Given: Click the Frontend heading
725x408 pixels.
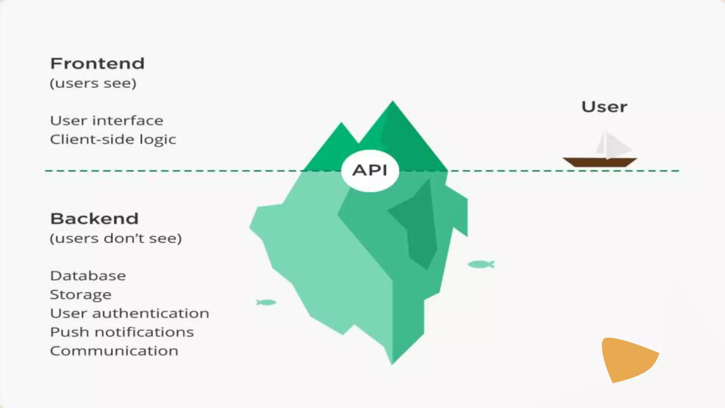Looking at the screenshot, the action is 97,64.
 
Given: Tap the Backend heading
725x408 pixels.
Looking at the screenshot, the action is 94,219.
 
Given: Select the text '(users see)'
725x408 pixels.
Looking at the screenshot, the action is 93,84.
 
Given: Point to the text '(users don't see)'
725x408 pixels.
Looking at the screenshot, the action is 115,238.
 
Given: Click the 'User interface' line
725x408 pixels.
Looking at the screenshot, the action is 107,121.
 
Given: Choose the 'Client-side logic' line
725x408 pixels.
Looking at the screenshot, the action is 113,140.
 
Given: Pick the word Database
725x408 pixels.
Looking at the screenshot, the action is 88,276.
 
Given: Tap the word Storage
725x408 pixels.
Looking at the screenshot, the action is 81,295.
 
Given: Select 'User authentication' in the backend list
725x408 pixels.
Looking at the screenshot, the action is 130,313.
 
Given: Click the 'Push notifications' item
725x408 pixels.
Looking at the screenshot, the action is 122,332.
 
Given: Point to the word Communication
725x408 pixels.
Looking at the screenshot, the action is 114,351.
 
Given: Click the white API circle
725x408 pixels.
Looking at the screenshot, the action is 370,171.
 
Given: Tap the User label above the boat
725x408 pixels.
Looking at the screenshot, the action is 604,107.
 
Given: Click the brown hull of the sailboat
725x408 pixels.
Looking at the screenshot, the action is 600,162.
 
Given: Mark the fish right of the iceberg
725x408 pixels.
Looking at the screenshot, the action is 480,264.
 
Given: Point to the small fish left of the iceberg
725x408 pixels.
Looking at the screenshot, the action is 266,302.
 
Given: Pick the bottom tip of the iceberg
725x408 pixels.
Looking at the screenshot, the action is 392,361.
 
